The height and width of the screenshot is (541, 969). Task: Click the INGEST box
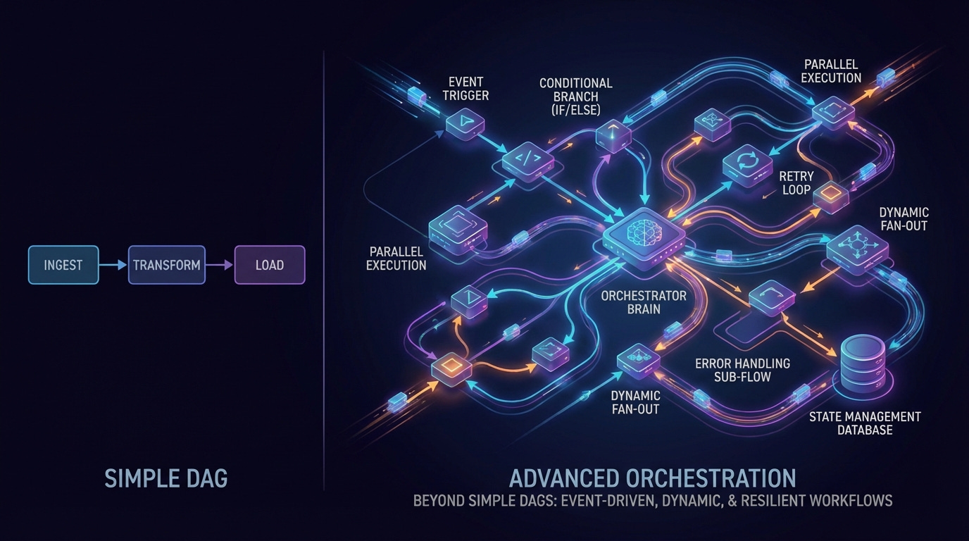coord(63,265)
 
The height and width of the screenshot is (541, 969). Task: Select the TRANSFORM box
coord(167,265)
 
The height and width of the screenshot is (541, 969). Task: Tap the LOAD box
coord(270,265)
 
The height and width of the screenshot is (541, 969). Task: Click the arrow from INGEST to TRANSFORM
coord(113,265)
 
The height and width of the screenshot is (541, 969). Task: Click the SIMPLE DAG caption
coord(166,479)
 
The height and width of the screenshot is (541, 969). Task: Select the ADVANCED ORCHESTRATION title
coord(652,478)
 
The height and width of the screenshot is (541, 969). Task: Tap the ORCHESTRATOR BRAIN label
coord(634,301)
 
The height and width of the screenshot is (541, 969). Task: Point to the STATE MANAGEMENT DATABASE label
coord(865,423)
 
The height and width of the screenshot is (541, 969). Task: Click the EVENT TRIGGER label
coord(465,88)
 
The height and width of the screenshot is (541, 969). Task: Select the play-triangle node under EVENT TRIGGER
coord(465,123)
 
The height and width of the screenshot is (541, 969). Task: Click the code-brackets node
coord(528,160)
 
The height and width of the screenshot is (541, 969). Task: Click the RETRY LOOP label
coord(796,183)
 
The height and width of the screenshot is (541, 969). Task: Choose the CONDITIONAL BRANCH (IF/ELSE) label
coord(576,97)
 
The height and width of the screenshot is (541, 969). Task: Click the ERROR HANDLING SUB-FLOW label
coord(742,370)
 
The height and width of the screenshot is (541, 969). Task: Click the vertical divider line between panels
coord(323,268)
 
